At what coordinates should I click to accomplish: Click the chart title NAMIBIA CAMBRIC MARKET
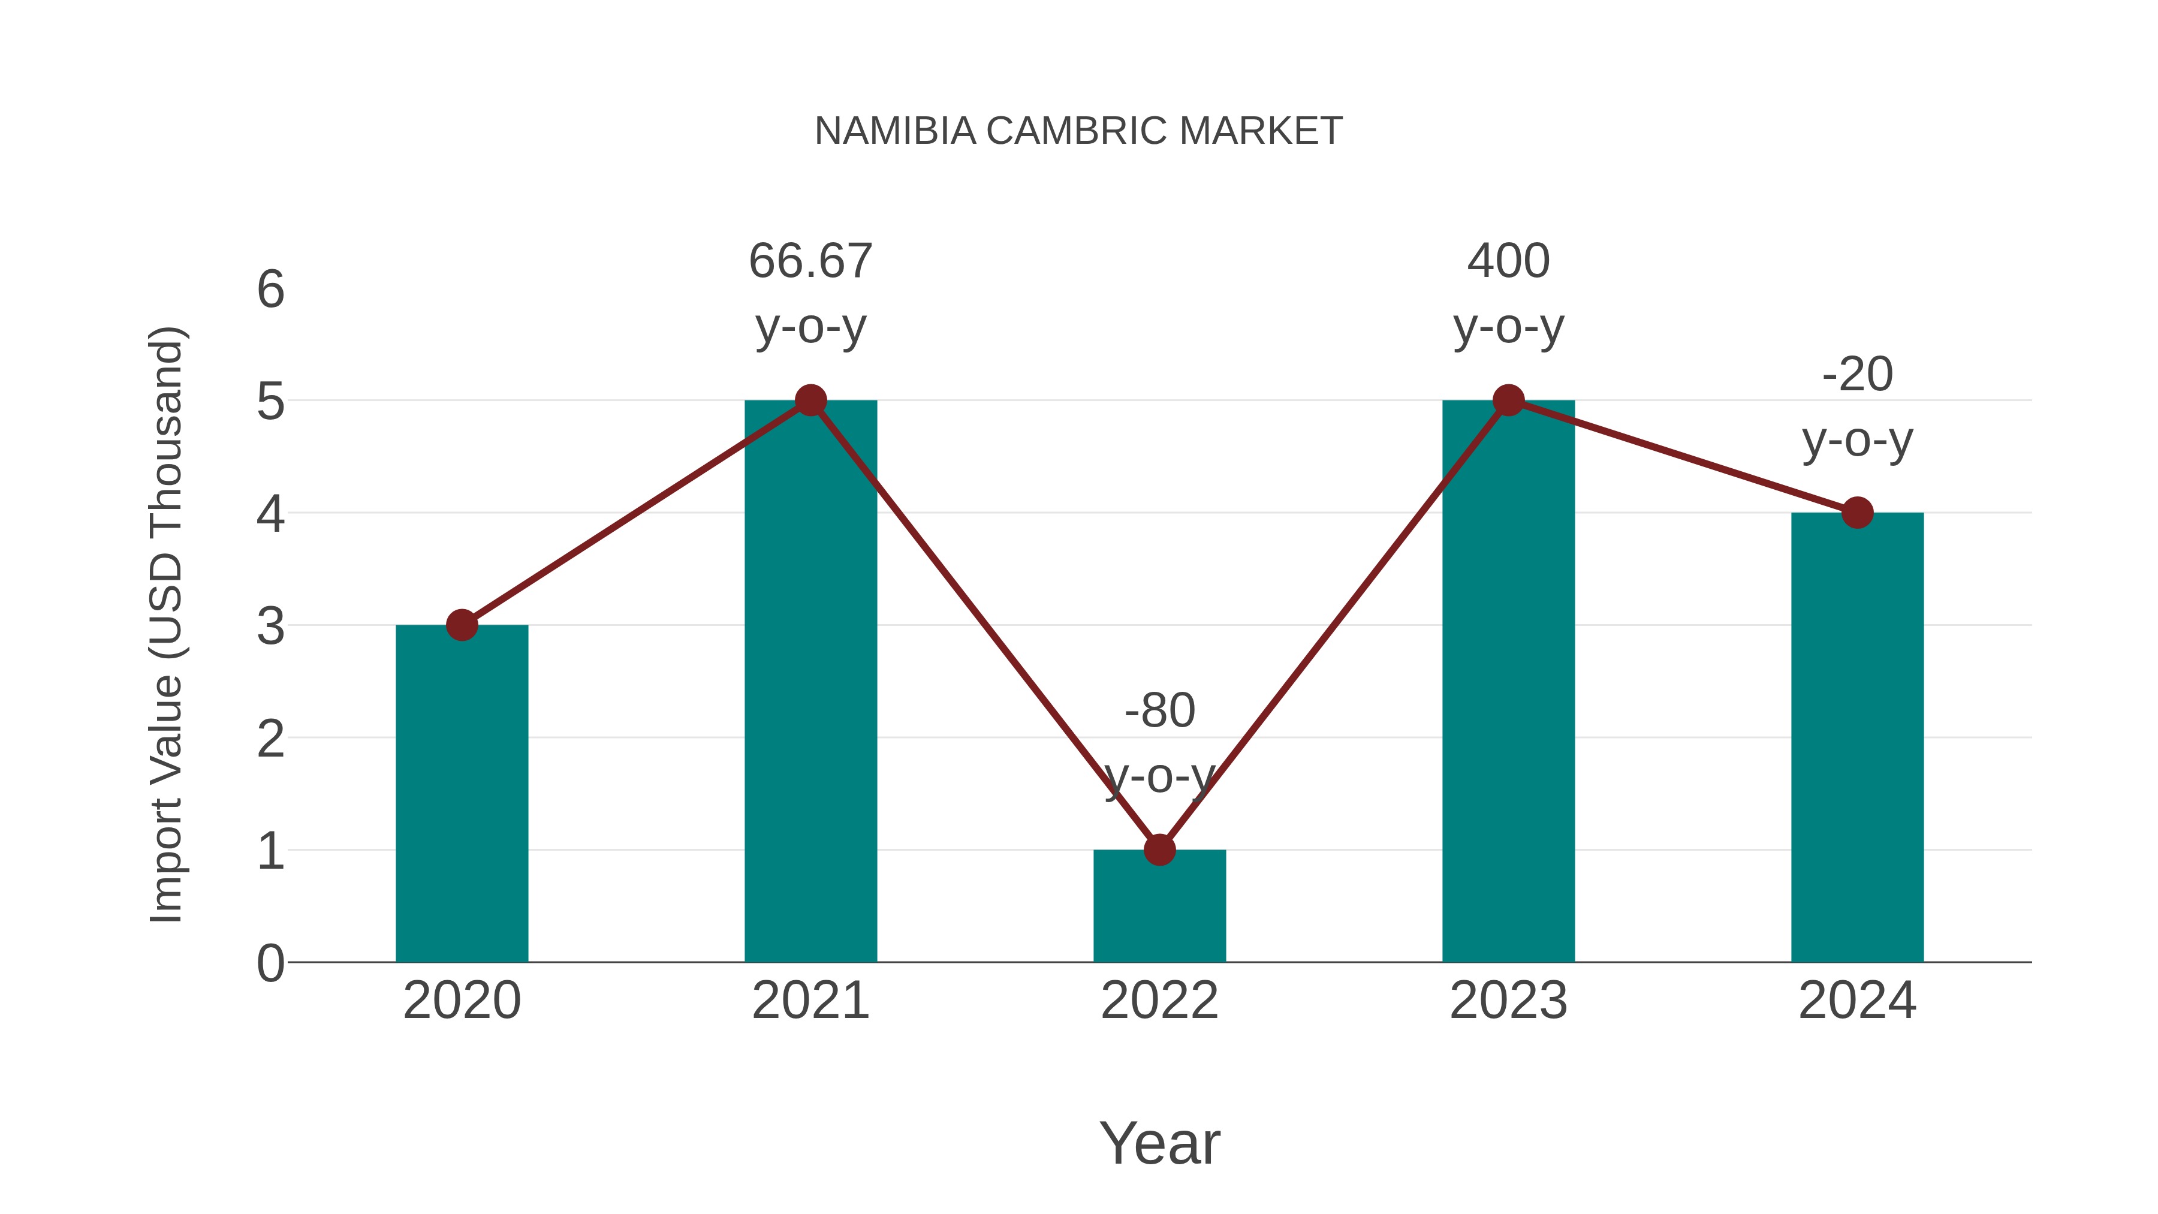click(1078, 131)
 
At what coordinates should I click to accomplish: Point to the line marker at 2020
click(462, 625)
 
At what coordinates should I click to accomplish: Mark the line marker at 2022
click(1159, 850)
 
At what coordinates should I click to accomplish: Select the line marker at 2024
click(1857, 513)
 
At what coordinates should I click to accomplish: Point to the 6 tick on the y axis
click(270, 290)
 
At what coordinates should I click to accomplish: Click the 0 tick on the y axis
click(270, 963)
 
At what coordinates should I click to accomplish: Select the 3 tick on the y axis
click(270, 626)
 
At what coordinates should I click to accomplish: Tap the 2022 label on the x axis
click(1159, 1001)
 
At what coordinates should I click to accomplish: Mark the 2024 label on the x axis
click(1857, 1001)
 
